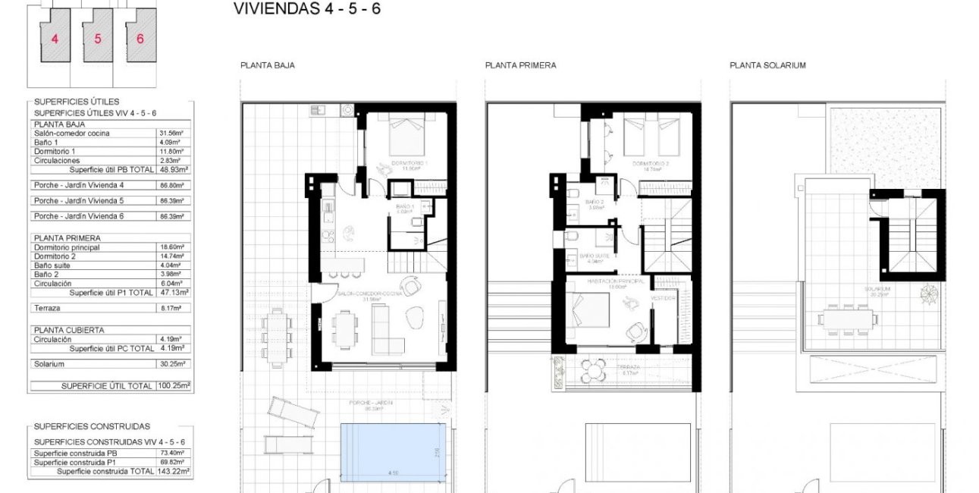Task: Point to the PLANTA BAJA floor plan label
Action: (x=267, y=66)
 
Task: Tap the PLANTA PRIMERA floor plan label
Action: (x=520, y=66)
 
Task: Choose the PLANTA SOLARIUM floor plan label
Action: (x=767, y=66)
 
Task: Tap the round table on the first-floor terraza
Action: (x=591, y=372)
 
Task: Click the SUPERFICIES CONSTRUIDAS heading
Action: (x=92, y=427)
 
